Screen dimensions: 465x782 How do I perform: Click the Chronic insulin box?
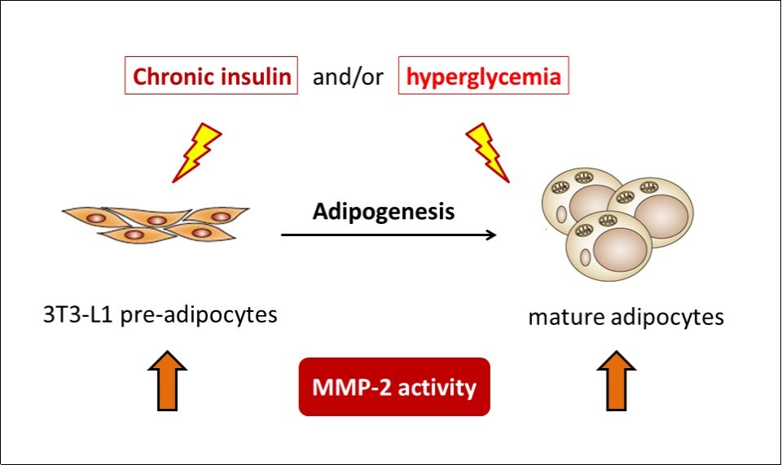pyautogui.click(x=212, y=77)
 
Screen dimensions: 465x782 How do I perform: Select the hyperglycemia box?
pyautogui.click(x=484, y=77)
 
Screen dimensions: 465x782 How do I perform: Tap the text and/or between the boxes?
pyautogui.click(x=348, y=78)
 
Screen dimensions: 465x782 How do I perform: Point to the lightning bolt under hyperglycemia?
pyautogui.click(x=487, y=152)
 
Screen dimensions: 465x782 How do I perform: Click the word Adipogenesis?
pyautogui.click(x=384, y=212)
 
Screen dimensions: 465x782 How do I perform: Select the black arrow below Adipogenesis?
pyautogui.click(x=389, y=236)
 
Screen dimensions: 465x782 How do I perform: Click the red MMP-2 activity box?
pyautogui.click(x=394, y=387)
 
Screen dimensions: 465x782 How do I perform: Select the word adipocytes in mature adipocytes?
pyautogui.click(x=669, y=318)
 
